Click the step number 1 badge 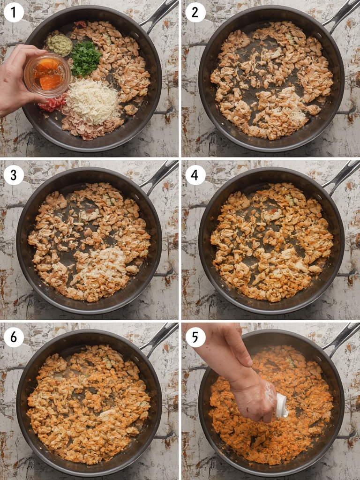coord(14,13)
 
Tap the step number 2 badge coord(195,13)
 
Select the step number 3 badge coord(14,175)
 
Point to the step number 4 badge coord(195,175)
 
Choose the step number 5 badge coord(195,337)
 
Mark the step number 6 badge coord(14,337)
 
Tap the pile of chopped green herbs coord(85,59)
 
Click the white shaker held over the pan coord(282,405)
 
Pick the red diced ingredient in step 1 coord(52,104)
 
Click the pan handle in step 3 coord(158,177)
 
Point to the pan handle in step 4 coord(340,177)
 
